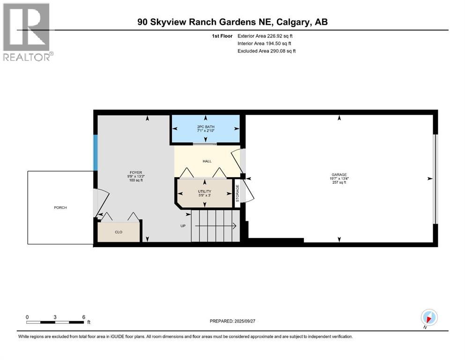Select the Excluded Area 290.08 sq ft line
(266, 51)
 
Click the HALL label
(207, 161)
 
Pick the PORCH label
(60, 207)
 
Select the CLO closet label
(118, 232)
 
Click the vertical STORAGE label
(237, 193)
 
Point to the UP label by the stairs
(184, 226)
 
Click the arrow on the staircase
(215, 226)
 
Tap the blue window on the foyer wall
(95, 153)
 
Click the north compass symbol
(429, 317)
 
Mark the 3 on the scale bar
(55, 317)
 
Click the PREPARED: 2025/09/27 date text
(236, 321)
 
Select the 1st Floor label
(221, 36)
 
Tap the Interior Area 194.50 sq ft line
(266, 43)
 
